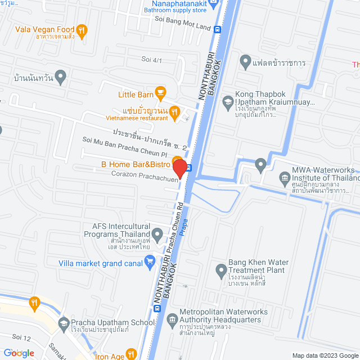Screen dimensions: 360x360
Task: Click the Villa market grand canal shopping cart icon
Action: coord(150,260)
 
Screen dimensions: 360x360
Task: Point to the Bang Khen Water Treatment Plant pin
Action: coord(220,271)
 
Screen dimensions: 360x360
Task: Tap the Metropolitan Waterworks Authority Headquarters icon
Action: coord(172,316)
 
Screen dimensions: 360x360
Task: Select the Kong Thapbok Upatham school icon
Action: coord(228,101)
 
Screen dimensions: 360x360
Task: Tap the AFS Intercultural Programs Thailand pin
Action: coord(159,232)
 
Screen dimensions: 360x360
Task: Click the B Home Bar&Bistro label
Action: coord(136,164)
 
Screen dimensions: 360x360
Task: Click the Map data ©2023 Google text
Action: coord(325,355)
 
